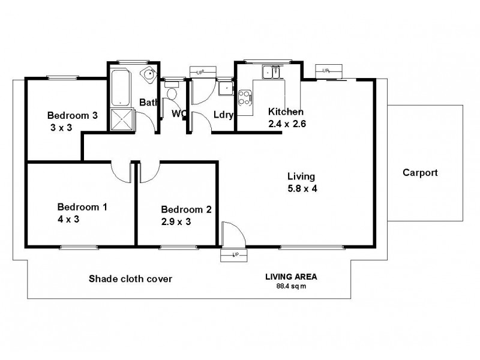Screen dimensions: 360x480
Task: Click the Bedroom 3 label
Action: click(x=73, y=116)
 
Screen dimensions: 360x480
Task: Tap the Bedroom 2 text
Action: click(x=186, y=209)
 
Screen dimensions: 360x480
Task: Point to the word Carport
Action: click(x=420, y=173)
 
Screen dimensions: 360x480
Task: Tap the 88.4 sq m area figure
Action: click(x=291, y=286)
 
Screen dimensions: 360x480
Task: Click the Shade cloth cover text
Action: click(x=130, y=278)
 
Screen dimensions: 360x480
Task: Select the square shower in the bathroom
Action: click(x=123, y=119)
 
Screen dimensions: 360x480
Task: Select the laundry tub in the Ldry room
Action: click(x=226, y=88)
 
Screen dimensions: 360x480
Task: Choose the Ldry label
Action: click(x=223, y=115)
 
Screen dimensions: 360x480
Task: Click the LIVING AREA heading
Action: click(x=291, y=277)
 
